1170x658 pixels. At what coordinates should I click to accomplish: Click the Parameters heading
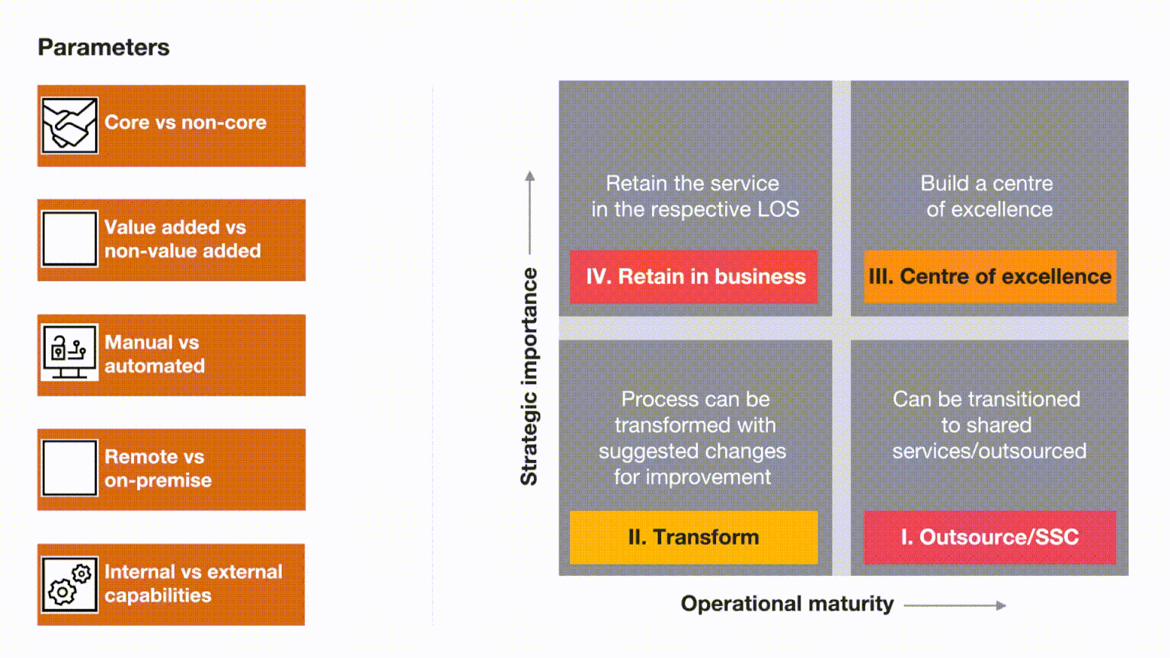coord(104,47)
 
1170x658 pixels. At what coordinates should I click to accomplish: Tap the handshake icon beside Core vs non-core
coord(69,126)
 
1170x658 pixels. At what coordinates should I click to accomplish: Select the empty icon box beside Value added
coord(69,238)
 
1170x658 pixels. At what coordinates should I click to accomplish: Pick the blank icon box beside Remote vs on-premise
coord(69,468)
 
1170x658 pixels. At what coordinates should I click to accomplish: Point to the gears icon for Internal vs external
coord(69,584)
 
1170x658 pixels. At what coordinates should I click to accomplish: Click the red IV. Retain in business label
coord(694,276)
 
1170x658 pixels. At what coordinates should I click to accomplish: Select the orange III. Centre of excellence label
coord(989,276)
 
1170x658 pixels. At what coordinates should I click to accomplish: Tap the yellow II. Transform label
coord(694,538)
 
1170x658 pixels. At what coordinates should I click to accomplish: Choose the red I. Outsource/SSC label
coord(989,538)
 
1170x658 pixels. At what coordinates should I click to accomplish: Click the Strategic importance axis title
coord(529,376)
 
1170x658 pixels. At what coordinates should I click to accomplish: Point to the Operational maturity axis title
coord(787,604)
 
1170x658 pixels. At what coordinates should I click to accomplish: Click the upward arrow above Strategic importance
coord(529,212)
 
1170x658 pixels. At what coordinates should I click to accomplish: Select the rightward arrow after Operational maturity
coord(954,605)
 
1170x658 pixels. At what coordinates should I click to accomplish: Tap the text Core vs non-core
coord(185,122)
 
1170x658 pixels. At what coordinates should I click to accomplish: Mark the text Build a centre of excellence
coord(987,196)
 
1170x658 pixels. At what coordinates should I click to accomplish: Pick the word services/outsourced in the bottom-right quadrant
coord(989,451)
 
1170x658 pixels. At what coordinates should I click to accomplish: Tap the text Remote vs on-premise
coord(158,468)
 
